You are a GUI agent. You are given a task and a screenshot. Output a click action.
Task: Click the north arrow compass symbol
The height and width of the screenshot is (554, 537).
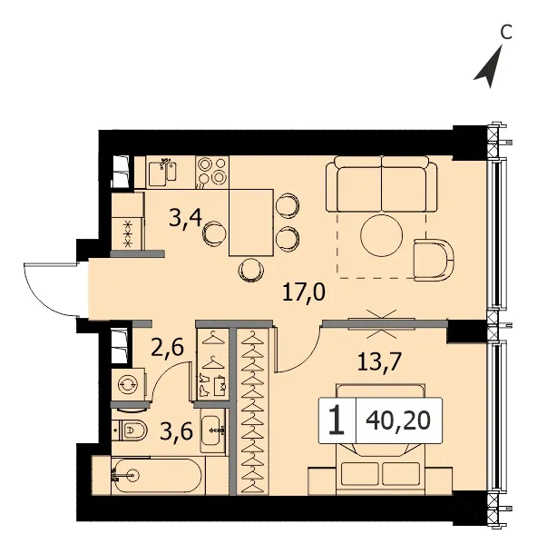tap(491, 69)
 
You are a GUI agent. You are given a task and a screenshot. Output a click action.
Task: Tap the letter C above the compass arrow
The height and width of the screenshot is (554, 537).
tap(506, 33)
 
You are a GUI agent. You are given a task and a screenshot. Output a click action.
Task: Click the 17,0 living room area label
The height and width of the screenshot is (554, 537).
tap(304, 292)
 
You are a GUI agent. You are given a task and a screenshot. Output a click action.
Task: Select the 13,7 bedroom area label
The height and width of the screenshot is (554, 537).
tap(379, 361)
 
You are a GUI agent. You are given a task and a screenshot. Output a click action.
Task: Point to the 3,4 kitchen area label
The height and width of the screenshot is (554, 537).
tap(185, 218)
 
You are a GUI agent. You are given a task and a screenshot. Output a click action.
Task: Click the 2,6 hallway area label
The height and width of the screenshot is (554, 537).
tap(168, 347)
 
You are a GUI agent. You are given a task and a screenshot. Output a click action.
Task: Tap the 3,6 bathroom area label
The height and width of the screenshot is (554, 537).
tap(176, 430)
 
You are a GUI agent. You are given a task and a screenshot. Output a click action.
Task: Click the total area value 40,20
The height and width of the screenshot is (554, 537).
tap(399, 420)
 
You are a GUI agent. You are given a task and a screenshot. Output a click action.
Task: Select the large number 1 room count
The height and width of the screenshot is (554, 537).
tap(337, 420)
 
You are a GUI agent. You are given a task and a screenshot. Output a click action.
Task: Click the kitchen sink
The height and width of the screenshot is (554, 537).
tap(162, 173)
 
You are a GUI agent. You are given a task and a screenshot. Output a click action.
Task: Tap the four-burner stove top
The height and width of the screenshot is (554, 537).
tap(212, 173)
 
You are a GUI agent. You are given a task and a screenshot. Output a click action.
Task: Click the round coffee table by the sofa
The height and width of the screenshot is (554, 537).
tap(381, 235)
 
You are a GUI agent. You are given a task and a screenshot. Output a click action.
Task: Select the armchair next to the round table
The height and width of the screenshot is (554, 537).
tap(434, 260)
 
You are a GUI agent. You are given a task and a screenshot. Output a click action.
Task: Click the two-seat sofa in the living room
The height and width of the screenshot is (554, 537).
tap(381, 184)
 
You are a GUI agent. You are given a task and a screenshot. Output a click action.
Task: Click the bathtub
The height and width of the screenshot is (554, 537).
tap(157, 476)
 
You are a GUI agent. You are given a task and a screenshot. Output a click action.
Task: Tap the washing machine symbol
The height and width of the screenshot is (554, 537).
tap(129, 385)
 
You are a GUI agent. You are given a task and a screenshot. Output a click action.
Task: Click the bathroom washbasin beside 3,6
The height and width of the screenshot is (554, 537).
tap(213, 430)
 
